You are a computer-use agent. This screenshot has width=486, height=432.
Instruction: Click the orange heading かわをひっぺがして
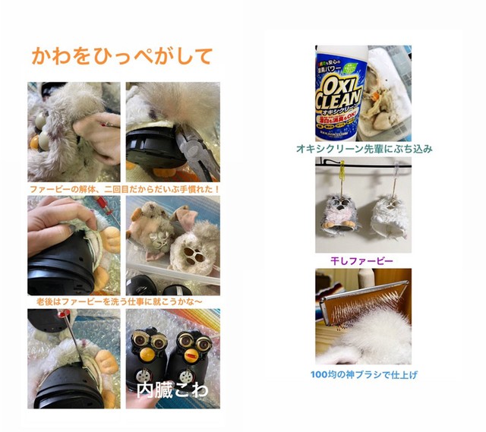point(121,55)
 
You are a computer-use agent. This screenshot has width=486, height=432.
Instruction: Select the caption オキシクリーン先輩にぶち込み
point(364,149)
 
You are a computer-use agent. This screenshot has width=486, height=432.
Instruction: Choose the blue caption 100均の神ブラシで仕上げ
point(364,374)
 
